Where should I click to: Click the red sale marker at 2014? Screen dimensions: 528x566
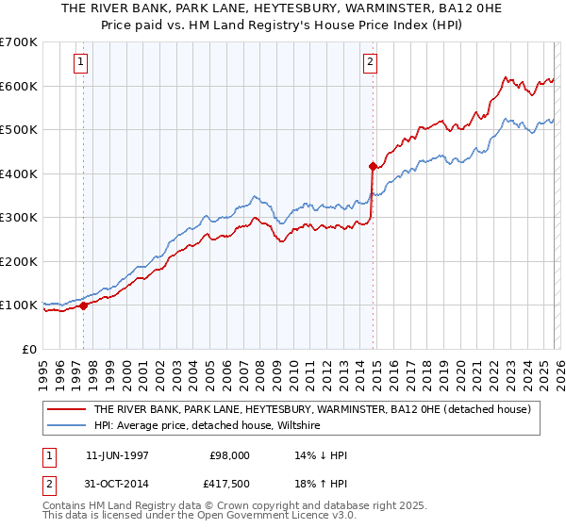[x=373, y=166]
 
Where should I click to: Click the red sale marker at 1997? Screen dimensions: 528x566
[x=83, y=305]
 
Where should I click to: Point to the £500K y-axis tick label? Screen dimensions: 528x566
[x=19, y=129]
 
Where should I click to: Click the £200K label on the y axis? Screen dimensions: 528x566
[x=19, y=261]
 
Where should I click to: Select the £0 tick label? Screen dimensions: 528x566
[x=28, y=349]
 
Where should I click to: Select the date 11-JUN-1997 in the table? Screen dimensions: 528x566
[x=117, y=455]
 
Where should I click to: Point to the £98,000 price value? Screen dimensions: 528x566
[x=229, y=455]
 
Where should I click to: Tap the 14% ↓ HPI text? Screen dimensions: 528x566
[x=322, y=455]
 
